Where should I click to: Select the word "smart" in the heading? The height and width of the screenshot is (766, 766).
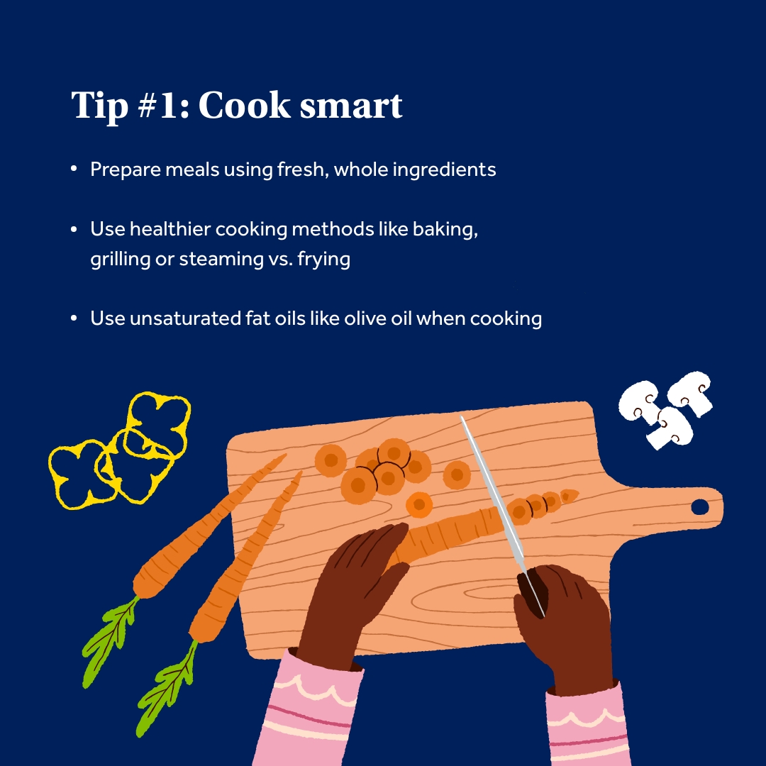click(x=351, y=106)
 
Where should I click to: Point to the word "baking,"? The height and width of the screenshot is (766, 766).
click(x=445, y=230)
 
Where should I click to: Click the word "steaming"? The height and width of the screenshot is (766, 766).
click(x=221, y=259)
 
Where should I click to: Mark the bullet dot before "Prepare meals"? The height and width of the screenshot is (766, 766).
click(x=74, y=169)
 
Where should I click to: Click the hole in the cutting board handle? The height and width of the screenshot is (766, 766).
click(x=700, y=507)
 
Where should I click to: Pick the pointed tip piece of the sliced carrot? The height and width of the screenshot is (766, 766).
click(x=569, y=496)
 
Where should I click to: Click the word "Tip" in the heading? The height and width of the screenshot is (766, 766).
click(x=100, y=106)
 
